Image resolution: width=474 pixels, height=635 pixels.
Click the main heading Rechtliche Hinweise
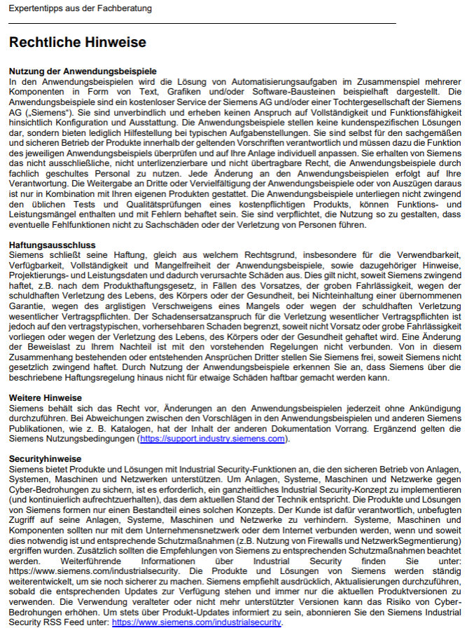point(77,43)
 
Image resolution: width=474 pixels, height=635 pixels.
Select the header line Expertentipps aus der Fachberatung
point(80,8)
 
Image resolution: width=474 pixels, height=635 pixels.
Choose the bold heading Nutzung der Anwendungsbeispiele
point(82,71)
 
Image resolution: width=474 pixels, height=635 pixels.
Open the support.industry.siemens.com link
point(212,439)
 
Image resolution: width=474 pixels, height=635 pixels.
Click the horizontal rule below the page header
point(202,24)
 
